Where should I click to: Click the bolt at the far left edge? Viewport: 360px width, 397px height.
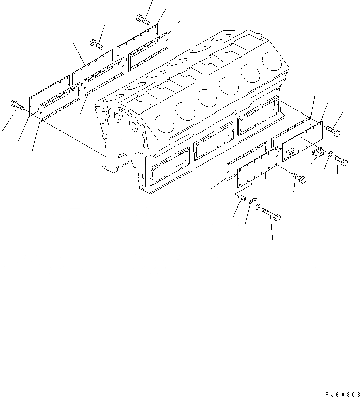click(15, 106)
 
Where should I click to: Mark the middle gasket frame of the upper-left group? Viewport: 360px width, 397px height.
click(104, 76)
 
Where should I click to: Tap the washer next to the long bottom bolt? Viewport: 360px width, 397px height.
click(258, 207)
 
